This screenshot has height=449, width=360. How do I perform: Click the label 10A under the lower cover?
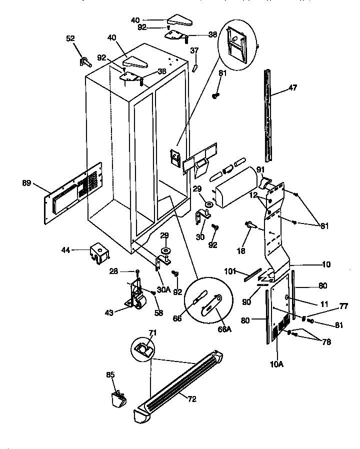[x=277, y=364]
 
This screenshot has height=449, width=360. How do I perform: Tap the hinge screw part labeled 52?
[x=83, y=62]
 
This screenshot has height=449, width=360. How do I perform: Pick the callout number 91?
[x=260, y=169]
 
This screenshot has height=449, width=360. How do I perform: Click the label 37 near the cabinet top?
[x=194, y=50]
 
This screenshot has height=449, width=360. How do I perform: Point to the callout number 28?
[x=113, y=270]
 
